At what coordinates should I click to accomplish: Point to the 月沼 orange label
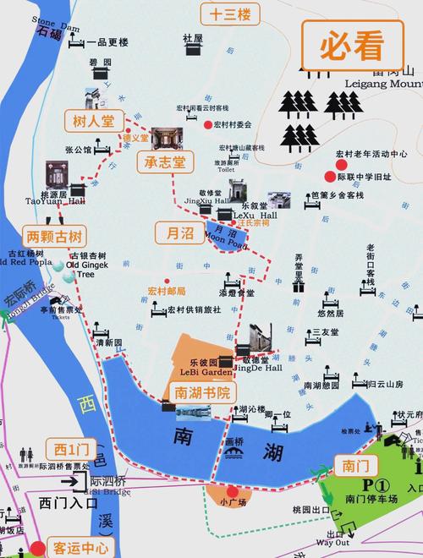(x=176, y=231)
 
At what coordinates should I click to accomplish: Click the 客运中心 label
(x=78, y=545)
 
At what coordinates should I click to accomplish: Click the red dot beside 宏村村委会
(x=207, y=125)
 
